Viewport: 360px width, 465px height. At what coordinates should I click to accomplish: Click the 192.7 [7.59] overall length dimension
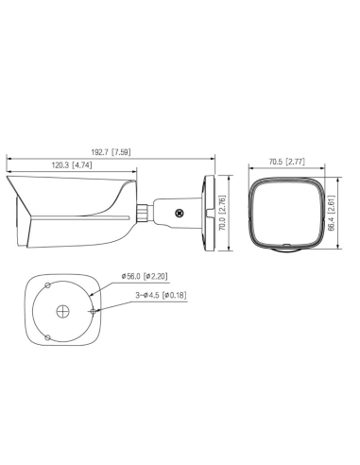click(x=112, y=152)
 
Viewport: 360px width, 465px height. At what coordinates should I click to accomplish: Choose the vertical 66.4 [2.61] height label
click(x=330, y=214)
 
